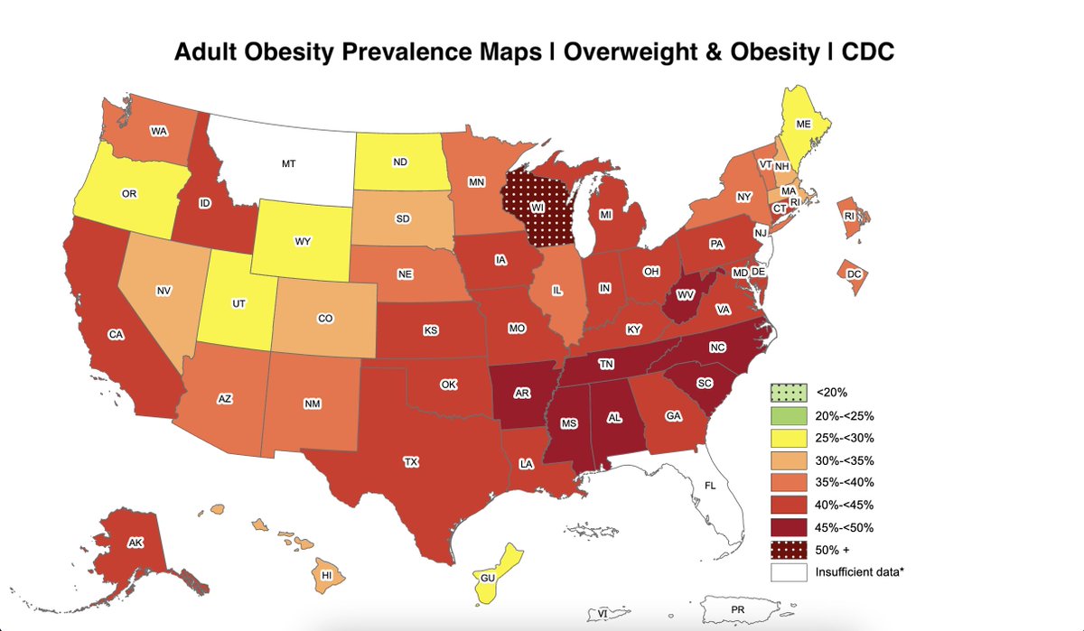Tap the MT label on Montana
pos(288,164)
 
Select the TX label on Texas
pos(411,461)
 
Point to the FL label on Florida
pos(711,485)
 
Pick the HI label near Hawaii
pos(327,575)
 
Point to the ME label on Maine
pos(802,124)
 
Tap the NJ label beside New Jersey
pos(761,233)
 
